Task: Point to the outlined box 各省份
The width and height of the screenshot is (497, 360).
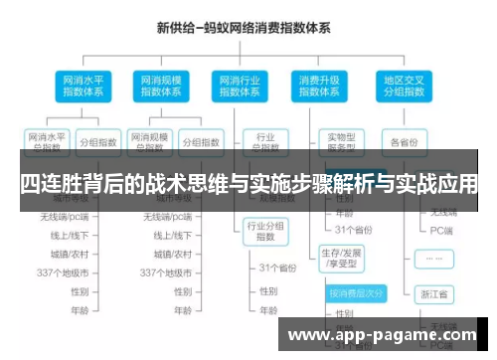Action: click(404, 141)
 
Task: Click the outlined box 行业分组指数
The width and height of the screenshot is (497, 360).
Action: click(265, 231)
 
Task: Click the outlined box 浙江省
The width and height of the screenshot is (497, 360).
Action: click(434, 295)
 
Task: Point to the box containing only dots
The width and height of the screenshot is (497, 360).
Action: click(434, 258)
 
